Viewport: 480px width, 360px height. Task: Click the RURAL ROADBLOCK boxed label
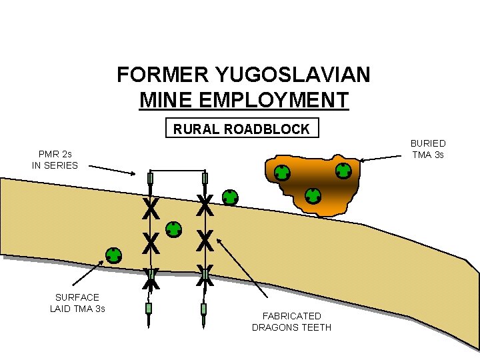(x=241, y=129)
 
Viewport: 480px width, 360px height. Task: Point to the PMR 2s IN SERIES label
(x=55, y=159)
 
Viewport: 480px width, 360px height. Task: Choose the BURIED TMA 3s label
(x=428, y=149)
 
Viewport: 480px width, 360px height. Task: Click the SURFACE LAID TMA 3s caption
(x=77, y=303)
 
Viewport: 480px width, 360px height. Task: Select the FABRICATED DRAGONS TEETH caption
(x=291, y=321)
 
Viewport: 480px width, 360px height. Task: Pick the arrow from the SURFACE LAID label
(x=87, y=275)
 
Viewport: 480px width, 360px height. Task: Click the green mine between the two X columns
(x=174, y=229)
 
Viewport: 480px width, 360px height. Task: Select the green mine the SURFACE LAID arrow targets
(x=114, y=255)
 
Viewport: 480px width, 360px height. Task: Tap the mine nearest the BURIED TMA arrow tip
(x=343, y=171)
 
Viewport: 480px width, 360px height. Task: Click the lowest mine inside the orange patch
(x=313, y=196)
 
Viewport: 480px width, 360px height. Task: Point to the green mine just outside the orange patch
(x=229, y=197)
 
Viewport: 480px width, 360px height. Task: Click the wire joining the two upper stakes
(x=178, y=171)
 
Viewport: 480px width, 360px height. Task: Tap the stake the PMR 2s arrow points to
(x=151, y=179)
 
